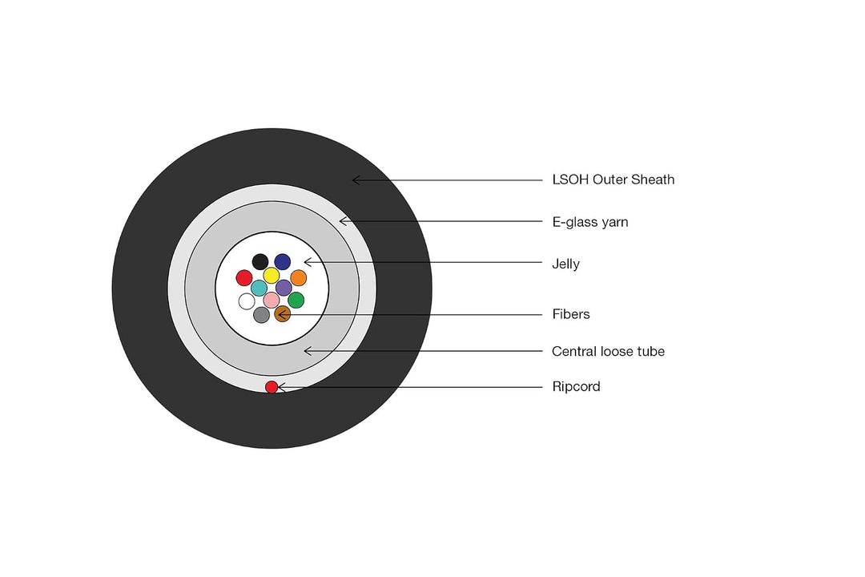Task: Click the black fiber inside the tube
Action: click(x=260, y=262)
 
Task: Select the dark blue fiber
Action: click(x=283, y=262)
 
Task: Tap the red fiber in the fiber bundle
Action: click(x=244, y=278)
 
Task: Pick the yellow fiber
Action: click(x=272, y=276)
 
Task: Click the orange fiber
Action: click(x=299, y=278)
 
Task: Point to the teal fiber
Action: click(x=259, y=288)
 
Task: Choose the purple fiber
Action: click(x=284, y=288)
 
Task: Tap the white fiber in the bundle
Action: click(x=247, y=301)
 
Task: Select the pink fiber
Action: click(x=272, y=301)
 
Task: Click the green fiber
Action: click(x=296, y=301)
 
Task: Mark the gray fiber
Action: click(x=261, y=315)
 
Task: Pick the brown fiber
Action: click(x=283, y=314)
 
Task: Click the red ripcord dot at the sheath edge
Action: click(x=272, y=387)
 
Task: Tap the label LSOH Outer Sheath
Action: click(x=614, y=180)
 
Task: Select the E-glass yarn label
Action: click(x=590, y=222)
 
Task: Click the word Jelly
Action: click(x=565, y=264)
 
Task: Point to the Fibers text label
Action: click(x=571, y=314)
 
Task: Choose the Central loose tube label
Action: click(x=608, y=351)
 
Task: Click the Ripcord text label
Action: click(x=576, y=386)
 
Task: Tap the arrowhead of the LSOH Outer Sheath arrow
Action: click(x=353, y=180)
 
